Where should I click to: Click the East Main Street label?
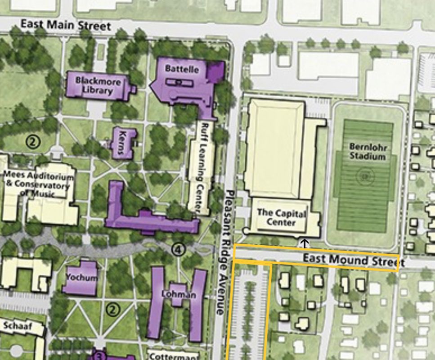pyautogui.click(x=66, y=25)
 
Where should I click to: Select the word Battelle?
pyautogui.click(x=182, y=69)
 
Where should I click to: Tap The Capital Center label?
pyautogui.click(x=281, y=218)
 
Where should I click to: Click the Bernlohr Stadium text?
pyautogui.click(x=368, y=151)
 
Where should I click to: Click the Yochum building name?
pyautogui.click(x=81, y=277)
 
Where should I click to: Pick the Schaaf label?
pyautogui.click(x=18, y=326)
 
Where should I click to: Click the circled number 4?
pyautogui.click(x=179, y=249)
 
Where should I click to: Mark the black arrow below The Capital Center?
pyautogui.click(x=305, y=243)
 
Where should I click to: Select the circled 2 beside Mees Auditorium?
pyautogui.click(x=33, y=142)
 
